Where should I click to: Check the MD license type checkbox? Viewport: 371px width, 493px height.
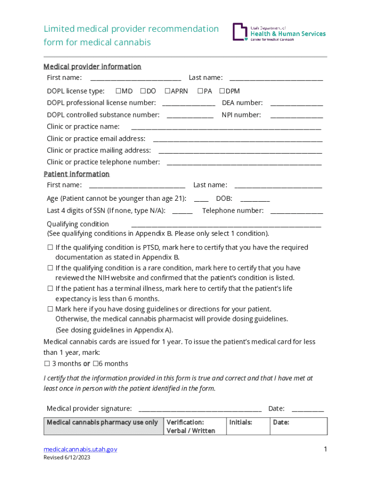(x=118, y=91)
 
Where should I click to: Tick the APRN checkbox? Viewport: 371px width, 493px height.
(x=167, y=91)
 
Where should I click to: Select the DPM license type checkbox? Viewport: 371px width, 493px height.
(x=222, y=91)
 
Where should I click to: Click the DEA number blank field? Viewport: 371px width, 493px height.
(x=296, y=104)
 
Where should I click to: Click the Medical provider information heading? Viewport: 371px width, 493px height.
(x=92, y=66)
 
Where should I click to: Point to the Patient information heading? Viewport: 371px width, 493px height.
(x=77, y=174)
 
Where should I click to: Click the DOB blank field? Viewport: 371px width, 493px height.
(x=255, y=199)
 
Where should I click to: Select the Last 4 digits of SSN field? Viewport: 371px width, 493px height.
(x=182, y=211)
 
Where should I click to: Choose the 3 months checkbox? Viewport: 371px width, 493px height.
(x=47, y=364)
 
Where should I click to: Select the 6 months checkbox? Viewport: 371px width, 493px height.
(x=95, y=364)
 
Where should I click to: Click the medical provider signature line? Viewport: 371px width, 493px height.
(x=200, y=409)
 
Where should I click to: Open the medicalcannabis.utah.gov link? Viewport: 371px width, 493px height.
(x=80, y=449)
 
